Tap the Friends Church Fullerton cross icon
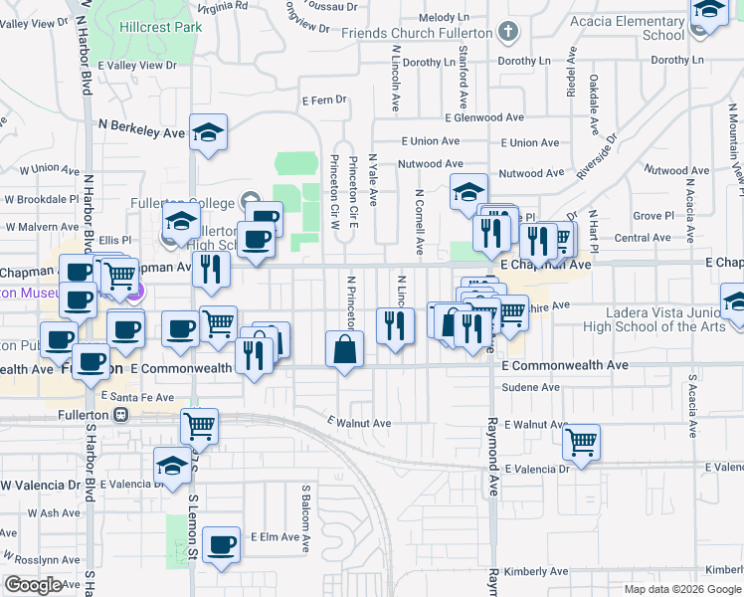coord(508,32)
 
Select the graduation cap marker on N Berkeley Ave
coord(209,132)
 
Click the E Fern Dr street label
coord(324,99)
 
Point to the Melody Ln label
coord(444,18)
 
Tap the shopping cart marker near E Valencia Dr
coord(581,441)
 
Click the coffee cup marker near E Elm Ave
coord(222,545)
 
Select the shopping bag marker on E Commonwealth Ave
coord(344,349)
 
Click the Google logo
coord(33,585)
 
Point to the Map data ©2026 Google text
coord(681,589)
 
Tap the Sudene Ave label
coord(531,387)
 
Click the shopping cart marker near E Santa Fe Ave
coord(200,426)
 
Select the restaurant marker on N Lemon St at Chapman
coord(211,269)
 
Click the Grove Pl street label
coord(653,215)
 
